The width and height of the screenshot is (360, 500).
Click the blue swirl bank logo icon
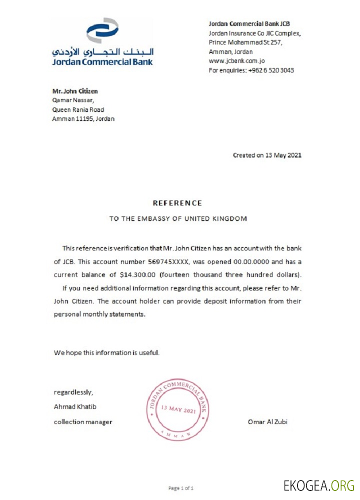pyautogui.click(x=102, y=31)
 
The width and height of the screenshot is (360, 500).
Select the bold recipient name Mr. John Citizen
pyautogui.click(x=75, y=91)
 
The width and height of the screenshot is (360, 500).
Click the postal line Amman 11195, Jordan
pyautogui.click(x=83, y=119)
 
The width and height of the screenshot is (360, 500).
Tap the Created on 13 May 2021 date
pyautogui.click(x=267, y=155)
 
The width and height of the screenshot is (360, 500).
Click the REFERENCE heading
pyautogui.click(x=177, y=203)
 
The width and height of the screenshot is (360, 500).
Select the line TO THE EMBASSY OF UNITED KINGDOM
pyautogui.click(x=178, y=218)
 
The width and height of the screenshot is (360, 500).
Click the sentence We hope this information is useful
pyautogui.click(x=106, y=352)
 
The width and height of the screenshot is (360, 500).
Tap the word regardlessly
pyautogui.click(x=73, y=392)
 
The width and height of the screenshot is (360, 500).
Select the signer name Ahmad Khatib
pyautogui.click(x=75, y=406)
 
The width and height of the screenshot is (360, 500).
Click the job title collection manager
pyautogui.click(x=83, y=421)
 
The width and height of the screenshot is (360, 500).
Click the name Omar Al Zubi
pyautogui.click(x=267, y=421)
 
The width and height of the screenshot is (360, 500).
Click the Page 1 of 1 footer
pyautogui.click(x=180, y=487)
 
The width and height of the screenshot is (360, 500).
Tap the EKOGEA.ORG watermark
pyautogui.click(x=318, y=484)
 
